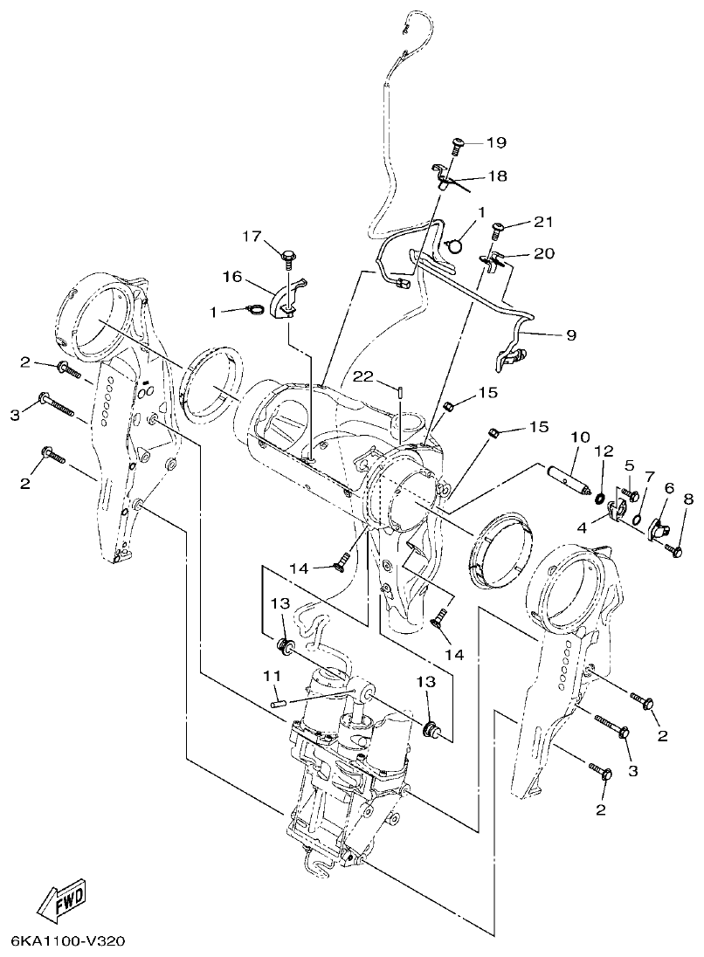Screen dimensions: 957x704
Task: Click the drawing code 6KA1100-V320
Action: (x=69, y=942)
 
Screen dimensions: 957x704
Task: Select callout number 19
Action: (x=496, y=142)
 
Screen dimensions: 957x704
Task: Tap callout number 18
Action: (x=496, y=176)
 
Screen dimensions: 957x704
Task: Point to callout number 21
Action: (x=543, y=223)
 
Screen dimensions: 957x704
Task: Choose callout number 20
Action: (x=543, y=253)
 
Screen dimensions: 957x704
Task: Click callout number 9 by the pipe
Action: (x=571, y=334)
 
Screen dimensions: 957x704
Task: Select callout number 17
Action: (x=252, y=236)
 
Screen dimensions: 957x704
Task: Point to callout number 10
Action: (x=581, y=436)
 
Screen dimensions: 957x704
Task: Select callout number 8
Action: (x=688, y=499)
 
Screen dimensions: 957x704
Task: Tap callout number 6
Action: (x=669, y=488)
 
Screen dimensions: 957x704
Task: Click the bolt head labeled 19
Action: (x=458, y=145)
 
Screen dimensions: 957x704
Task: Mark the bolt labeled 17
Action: (x=286, y=254)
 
